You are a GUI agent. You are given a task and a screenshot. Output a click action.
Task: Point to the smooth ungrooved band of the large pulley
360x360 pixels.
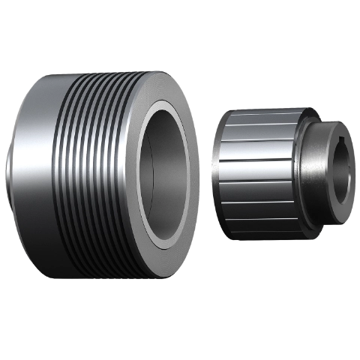[x=34, y=172]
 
